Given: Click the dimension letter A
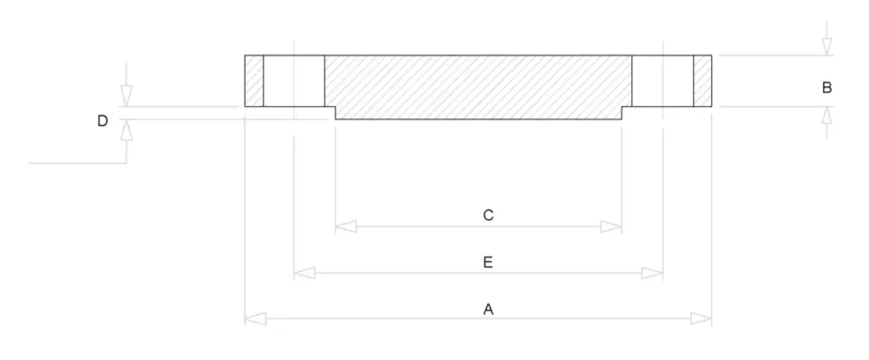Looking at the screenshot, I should [487, 308].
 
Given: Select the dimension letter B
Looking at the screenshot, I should [827, 87].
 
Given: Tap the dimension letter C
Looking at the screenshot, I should [488, 215].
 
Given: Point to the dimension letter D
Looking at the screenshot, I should [103, 120].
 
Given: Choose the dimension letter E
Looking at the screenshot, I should [487, 262].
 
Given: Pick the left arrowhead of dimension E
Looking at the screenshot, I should [304, 273].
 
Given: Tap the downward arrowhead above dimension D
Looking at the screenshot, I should [126, 96].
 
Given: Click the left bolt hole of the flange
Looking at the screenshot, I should [294, 81].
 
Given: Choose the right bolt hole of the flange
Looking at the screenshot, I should [662, 81].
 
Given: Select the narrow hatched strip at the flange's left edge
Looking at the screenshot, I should [254, 81].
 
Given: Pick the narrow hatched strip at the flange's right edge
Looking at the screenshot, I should [703, 81].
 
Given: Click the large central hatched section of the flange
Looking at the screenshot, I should [478, 85].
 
